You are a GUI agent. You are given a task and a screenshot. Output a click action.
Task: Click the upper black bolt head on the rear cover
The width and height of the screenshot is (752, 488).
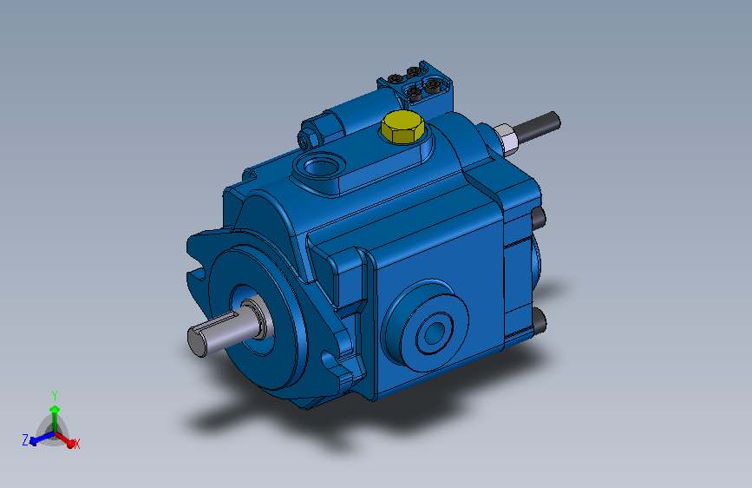(539, 215)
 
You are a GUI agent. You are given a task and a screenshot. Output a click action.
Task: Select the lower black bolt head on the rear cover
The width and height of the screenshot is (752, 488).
(539, 322)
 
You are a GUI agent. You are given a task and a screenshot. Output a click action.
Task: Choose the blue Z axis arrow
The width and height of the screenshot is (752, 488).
(36, 440)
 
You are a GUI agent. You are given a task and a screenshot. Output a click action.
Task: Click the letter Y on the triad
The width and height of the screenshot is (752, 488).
(54, 394)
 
